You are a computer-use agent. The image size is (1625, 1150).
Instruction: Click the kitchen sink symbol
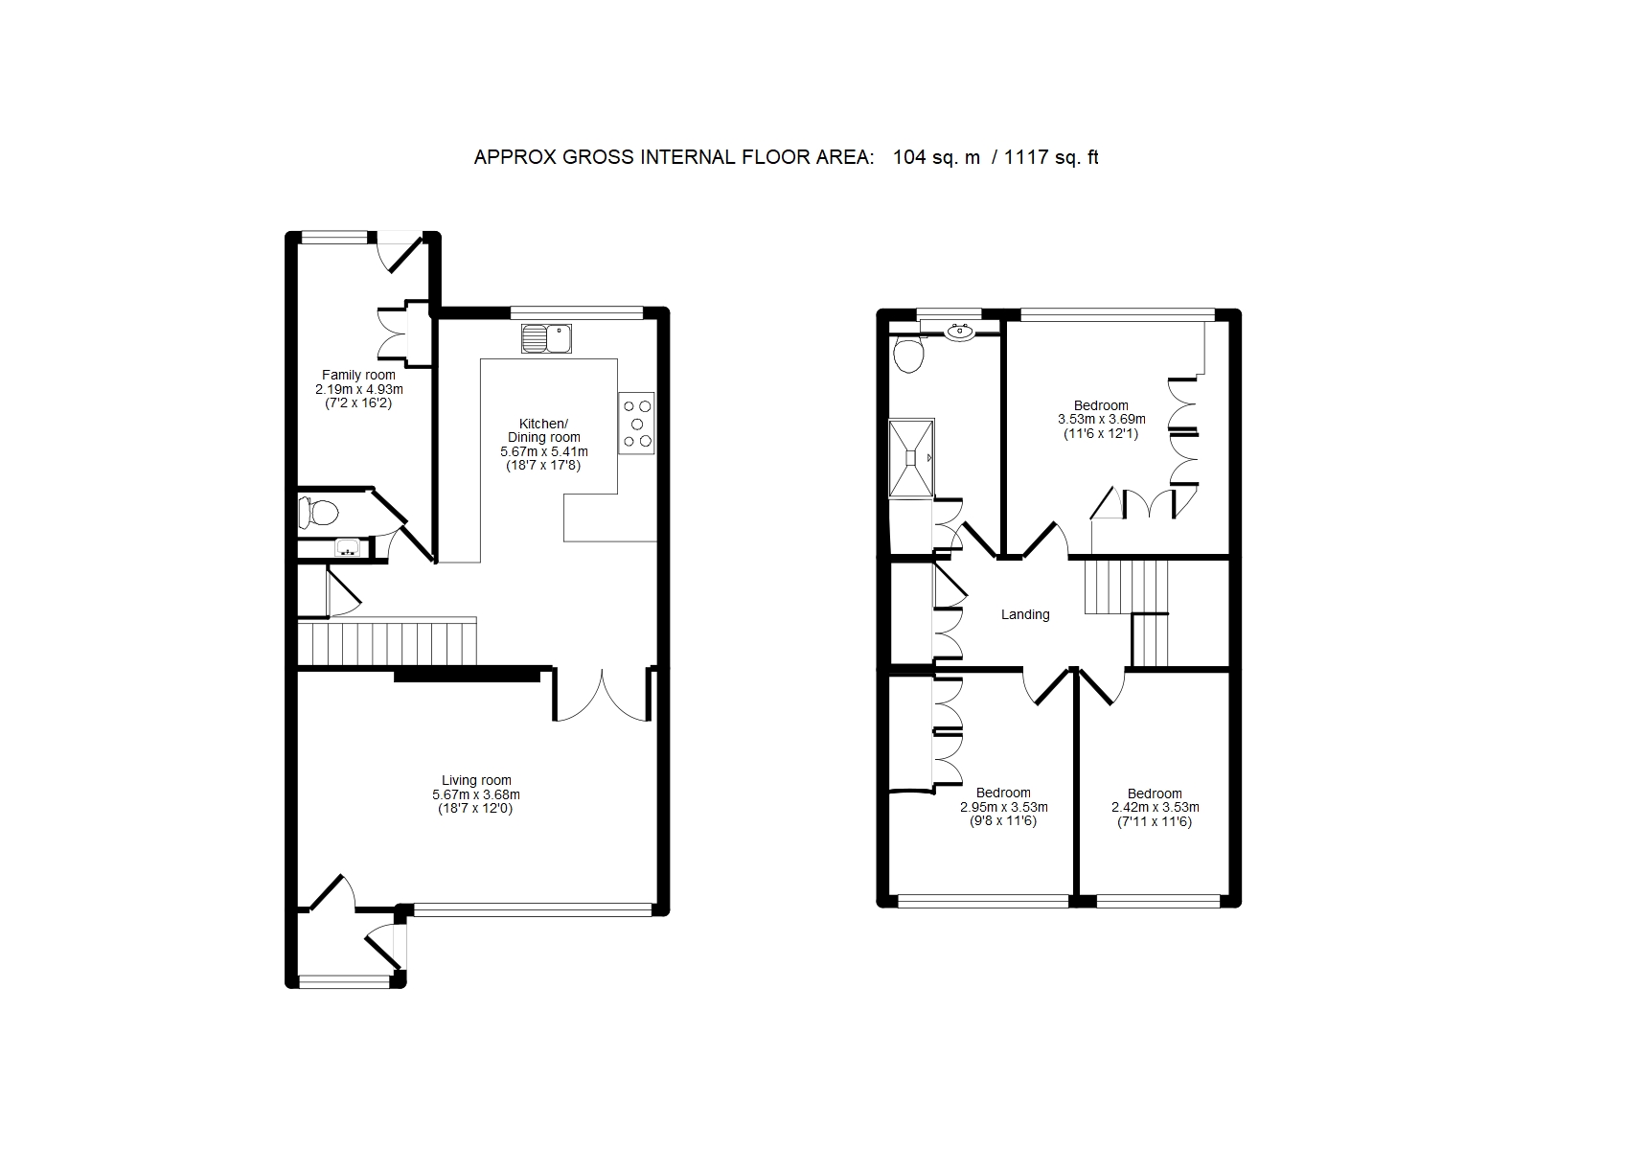(x=546, y=339)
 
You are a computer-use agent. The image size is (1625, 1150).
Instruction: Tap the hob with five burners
(x=636, y=424)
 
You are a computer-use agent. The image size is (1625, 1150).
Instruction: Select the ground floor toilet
(x=318, y=513)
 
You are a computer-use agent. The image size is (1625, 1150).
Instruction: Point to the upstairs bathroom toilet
(x=907, y=354)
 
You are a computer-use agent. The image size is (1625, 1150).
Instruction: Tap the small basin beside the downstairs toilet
(x=348, y=548)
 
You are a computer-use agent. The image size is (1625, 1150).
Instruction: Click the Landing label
(x=1025, y=614)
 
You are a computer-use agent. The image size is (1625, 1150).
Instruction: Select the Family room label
(x=358, y=375)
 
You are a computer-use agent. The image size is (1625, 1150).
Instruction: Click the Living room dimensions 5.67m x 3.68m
(x=476, y=794)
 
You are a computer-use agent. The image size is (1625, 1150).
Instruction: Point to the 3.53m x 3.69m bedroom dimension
(x=1101, y=420)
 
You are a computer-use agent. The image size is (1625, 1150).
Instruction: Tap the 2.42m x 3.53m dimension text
(x=1155, y=808)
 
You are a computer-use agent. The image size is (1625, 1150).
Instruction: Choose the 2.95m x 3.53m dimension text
(x=1004, y=808)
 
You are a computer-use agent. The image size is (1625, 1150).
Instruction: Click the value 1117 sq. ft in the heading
(x=1051, y=157)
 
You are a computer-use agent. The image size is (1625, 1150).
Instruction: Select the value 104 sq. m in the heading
(x=936, y=157)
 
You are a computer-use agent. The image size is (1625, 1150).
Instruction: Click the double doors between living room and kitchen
(x=602, y=695)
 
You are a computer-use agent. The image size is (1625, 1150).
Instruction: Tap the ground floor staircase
(x=387, y=641)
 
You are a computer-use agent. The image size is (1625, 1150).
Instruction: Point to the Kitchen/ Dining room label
(x=544, y=430)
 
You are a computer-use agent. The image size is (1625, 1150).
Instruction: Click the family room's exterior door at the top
(x=399, y=252)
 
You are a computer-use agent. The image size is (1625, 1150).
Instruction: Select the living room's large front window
(x=533, y=909)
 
